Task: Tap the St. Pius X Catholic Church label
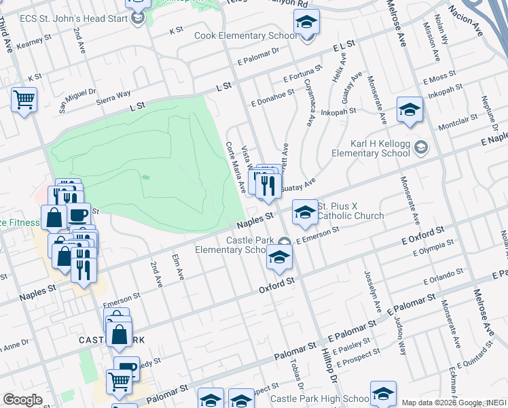[351, 211]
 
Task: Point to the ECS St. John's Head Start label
[70, 18]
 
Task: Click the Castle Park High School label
[319, 398]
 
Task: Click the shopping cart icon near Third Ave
[24, 101]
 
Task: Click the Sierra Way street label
[113, 95]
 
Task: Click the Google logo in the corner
[22, 400]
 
